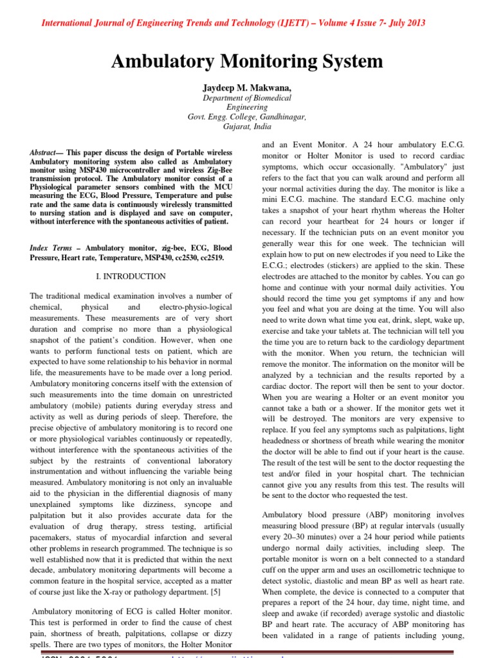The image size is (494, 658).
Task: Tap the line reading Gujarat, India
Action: (x=247, y=127)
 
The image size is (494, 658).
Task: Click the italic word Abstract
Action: (x=44, y=152)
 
